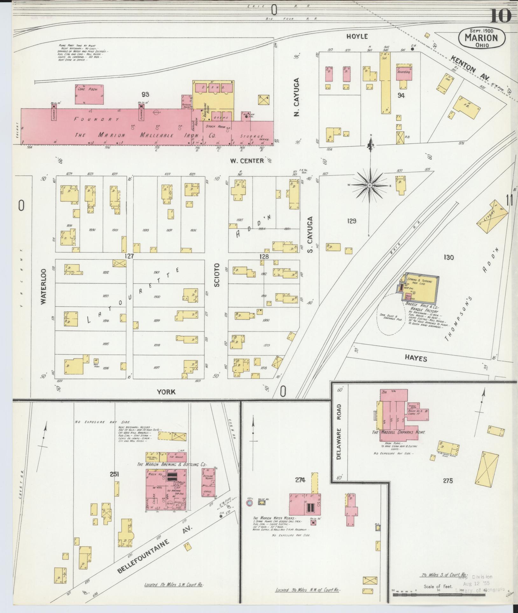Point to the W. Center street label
pos(247,161)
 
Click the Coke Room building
pos(89,94)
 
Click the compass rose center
pos(370,185)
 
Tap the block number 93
pos(145,94)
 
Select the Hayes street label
pos(416,359)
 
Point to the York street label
pos(166,392)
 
